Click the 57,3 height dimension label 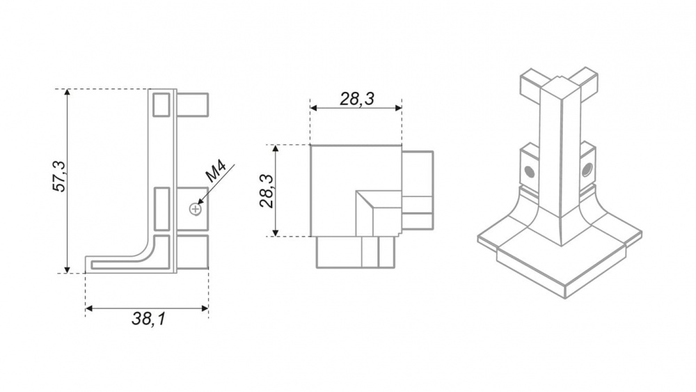point(58,176)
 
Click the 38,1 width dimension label point(148,318)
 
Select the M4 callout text point(216,172)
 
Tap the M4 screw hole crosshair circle point(196,209)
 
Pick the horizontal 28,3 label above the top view point(357,99)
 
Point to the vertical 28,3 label point(267,191)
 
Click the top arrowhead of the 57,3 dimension point(67,93)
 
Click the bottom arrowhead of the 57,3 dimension point(67,269)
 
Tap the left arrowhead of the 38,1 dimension point(89,308)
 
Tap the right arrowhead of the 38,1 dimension point(205,308)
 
